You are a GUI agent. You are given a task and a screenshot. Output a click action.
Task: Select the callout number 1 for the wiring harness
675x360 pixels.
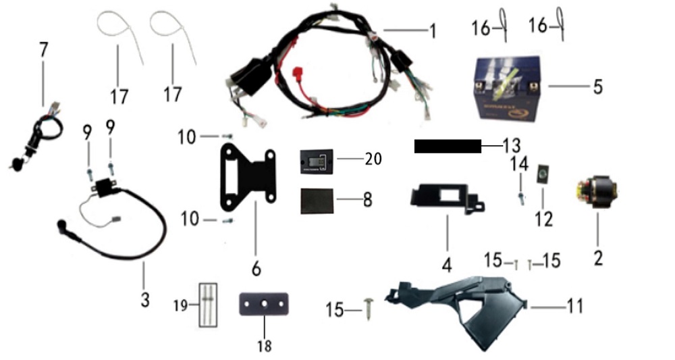coord(432,31)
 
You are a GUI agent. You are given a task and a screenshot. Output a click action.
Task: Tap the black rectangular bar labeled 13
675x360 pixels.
coord(447,146)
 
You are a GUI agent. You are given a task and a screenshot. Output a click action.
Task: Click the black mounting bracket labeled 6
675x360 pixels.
coord(248,178)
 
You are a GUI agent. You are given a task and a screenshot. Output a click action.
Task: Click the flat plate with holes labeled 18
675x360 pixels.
coord(263,304)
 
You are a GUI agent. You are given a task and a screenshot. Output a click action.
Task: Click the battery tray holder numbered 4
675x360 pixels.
coord(446,197)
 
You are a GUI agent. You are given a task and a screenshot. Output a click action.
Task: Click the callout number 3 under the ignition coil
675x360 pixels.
coord(144,298)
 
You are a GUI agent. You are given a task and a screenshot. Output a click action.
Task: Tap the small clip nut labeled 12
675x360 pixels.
coord(543,176)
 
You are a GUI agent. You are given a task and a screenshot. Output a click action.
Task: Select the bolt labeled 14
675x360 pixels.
coord(521,195)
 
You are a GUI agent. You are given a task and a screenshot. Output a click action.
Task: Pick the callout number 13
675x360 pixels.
coord(512,145)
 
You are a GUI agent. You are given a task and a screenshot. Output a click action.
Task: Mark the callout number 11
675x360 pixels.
coord(574,307)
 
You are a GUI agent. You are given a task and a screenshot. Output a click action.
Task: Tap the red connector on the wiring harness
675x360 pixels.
coord(295,74)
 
